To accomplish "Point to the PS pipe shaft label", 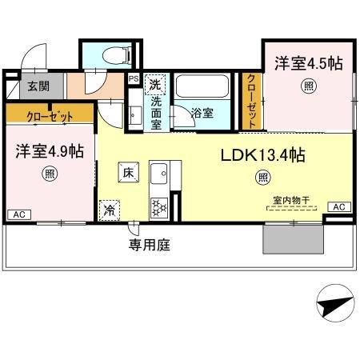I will pyautogui.click(x=133, y=78).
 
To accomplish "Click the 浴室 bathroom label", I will pyautogui.click(x=202, y=113).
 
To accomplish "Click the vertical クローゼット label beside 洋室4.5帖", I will pyautogui.click(x=251, y=101).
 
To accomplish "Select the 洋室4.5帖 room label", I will pyautogui.click(x=308, y=64).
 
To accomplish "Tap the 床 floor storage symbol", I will pyautogui.click(x=128, y=171).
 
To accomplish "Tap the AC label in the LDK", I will pyautogui.click(x=339, y=207).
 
